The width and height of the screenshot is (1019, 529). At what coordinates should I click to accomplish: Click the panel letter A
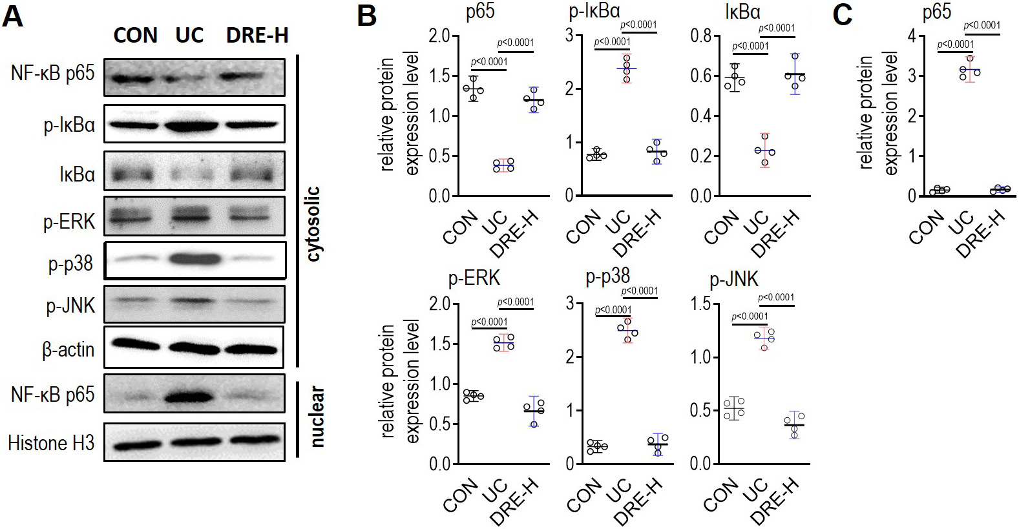pos(13,16)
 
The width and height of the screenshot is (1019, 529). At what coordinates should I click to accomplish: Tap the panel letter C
pos(843,14)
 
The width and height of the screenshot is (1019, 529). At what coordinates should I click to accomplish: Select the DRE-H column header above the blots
pos(257,36)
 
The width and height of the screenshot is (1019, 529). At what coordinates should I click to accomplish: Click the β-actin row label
pos(68,349)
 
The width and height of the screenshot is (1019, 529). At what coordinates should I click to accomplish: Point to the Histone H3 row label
pos(51,443)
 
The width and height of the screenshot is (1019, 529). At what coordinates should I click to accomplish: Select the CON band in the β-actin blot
pos(136,346)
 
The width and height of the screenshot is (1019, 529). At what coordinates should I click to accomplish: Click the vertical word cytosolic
pos(314,223)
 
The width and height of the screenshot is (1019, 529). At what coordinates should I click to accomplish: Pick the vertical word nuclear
pos(317,417)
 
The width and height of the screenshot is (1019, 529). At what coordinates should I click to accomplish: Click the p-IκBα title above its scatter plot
pos(594,11)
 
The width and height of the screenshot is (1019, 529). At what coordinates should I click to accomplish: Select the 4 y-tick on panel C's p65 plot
pos(912,36)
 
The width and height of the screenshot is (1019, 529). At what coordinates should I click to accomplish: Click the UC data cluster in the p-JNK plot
pos(765,337)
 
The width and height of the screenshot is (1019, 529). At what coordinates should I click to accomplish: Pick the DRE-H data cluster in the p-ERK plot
pos(534,411)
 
